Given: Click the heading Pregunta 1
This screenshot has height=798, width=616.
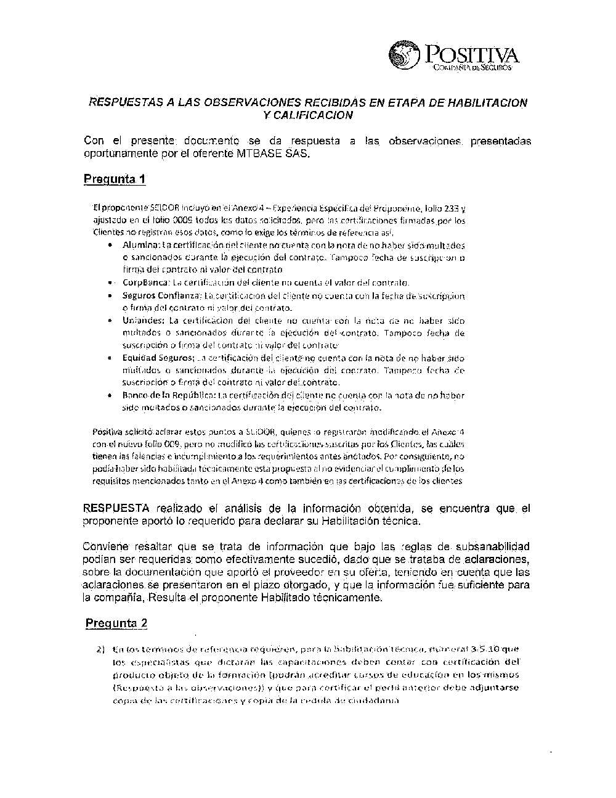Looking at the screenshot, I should point(115,179).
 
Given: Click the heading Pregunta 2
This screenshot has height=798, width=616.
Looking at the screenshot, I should point(116,623).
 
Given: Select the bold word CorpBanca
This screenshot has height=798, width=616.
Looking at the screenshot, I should point(139,282).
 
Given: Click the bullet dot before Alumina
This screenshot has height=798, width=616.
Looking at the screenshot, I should point(109,245).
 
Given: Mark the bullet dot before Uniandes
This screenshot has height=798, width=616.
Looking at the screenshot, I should point(109,321).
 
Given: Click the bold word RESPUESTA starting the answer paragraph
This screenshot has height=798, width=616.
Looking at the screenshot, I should point(116,509).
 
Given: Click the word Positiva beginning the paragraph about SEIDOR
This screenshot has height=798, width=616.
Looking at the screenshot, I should point(106,432).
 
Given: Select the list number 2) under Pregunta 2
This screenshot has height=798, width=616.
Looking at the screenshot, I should point(100,649).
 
